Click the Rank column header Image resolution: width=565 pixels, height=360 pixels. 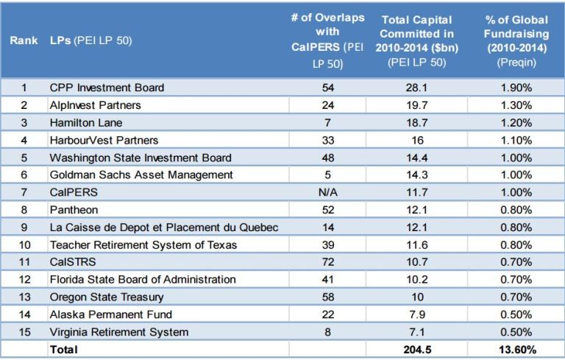pos(24,40)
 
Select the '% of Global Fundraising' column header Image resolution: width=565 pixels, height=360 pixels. pos(516,41)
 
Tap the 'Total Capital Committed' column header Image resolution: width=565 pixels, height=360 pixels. pos(418,41)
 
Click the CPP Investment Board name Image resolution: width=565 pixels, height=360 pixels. pos(107,88)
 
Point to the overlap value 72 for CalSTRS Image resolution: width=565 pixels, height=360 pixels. pos(327,262)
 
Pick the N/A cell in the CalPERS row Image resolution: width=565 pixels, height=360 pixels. pos(327,192)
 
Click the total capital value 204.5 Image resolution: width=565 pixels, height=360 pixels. pos(418,350)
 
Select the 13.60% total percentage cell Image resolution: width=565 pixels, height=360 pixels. pos(516,350)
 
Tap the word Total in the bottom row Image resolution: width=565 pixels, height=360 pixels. pos(63,350)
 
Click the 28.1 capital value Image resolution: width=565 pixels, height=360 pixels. pos(418,88)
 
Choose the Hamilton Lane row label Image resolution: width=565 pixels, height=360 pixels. pos(86,122)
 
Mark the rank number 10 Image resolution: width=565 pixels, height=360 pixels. pos(24,244)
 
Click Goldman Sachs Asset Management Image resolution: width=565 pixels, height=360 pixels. pos(141,174)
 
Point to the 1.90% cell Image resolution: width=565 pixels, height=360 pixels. pos(516,88)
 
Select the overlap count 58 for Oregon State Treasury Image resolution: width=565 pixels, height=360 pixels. pos(327,297)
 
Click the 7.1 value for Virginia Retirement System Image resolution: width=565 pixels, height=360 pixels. pos(418,332)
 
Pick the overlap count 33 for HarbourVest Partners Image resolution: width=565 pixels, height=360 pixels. pos(327,140)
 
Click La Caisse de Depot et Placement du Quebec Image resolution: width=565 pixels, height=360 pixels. pos(163,227)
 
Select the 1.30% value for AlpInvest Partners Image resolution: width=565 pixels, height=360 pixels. pos(516,105)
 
